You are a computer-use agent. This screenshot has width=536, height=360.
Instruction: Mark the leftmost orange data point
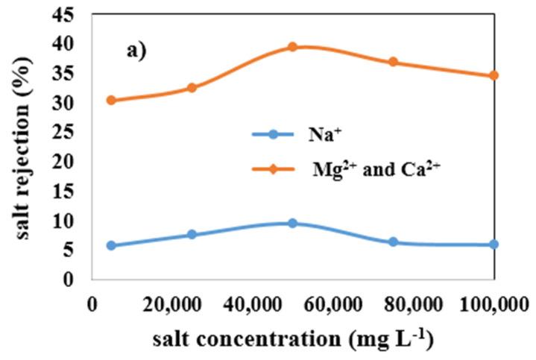(x=111, y=100)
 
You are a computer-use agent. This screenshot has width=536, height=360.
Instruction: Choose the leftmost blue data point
(x=111, y=245)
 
